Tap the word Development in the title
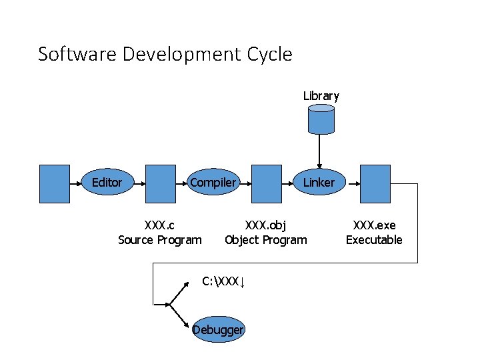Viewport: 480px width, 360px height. click(x=175, y=54)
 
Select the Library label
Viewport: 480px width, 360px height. click(x=321, y=96)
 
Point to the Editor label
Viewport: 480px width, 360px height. click(x=107, y=183)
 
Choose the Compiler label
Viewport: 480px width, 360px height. click(x=213, y=183)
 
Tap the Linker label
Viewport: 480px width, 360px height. click(x=319, y=183)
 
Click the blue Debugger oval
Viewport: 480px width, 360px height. click(x=219, y=329)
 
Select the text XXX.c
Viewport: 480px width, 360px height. click(x=160, y=225)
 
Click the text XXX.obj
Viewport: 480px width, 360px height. click(x=266, y=225)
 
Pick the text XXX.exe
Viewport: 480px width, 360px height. click(x=374, y=225)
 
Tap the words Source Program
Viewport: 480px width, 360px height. click(x=160, y=240)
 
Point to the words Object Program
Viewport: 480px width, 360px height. click(x=266, y=240)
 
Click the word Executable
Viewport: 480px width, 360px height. click(x=374, y=240)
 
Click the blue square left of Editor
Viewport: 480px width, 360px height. click(x=55, y=183)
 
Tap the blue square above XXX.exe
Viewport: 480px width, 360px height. click(x=375, y=183)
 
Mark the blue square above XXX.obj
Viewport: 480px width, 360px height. click(x=266, y=183)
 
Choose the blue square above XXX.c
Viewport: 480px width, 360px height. click(x=160, y=183)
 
